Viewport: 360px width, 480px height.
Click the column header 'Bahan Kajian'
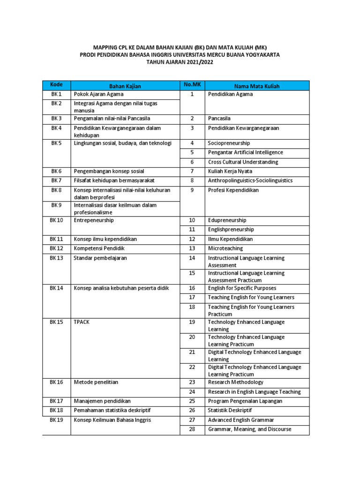tap(125, 86)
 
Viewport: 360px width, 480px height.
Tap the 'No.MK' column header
tap(192, 85)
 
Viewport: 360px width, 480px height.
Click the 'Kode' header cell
tap(56, 85)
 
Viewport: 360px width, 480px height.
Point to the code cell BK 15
tap(56, 322)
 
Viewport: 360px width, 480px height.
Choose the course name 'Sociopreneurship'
tap(229, 143)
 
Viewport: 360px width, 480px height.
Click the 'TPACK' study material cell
tap(82, 322)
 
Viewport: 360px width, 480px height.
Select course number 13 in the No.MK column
tap(192, 248)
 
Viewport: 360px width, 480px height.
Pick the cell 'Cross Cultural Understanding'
tap(243, 162)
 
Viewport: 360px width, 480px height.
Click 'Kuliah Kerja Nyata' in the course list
tap(230, 171)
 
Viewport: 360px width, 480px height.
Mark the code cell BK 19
tap(56, 420)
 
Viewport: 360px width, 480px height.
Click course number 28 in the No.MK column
tap(192, 429)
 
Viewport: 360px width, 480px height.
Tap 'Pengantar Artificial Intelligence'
tap(245, 152)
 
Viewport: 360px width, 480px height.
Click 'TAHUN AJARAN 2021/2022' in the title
tap(180, 62)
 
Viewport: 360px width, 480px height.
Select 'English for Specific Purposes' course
tap(242, 288)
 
